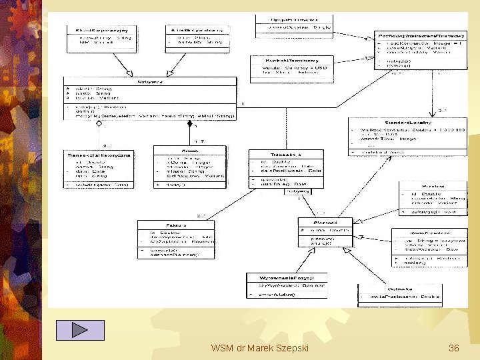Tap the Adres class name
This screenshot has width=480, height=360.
pos(189,151)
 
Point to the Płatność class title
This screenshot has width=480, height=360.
pos(324,223)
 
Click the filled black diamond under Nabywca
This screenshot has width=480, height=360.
pos(189,124)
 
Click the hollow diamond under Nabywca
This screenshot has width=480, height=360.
pos(99,124)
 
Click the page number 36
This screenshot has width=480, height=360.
pos(454,348)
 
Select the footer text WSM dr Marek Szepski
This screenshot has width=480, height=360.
pos(259,348)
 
